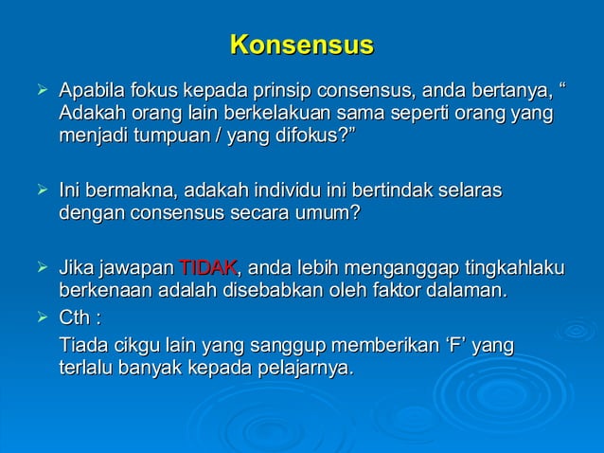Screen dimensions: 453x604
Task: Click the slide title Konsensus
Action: click(302, 45)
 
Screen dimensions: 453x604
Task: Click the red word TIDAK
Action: click(208, 268)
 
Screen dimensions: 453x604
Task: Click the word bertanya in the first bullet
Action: click(511, 92)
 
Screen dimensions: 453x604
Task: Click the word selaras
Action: click(468, 190)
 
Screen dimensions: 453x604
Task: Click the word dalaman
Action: click(463, 290)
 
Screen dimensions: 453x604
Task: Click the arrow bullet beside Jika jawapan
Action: click(39, 268)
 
